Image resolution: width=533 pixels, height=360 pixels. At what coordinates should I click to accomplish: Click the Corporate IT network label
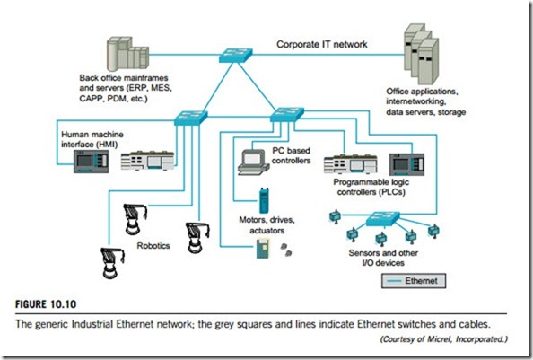coord(322,44)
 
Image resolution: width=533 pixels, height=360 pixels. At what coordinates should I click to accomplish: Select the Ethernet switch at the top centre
coord(236,55)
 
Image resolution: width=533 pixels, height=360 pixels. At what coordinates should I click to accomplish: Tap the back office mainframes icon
coord(127,54)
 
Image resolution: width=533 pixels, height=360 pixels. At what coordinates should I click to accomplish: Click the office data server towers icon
coord(422,54)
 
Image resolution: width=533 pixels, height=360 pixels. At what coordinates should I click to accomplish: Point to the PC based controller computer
coord(254,162)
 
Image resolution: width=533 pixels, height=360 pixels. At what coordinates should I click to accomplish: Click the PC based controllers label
coord(291,155)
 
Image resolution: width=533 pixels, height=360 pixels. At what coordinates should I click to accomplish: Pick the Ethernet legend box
coord(414,281)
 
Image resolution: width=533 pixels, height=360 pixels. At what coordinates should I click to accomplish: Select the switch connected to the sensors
coord(383,219)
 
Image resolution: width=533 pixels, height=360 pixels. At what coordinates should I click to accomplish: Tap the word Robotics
coord(153,245)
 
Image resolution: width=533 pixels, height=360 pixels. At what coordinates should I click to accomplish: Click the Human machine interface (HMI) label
coord(92,139)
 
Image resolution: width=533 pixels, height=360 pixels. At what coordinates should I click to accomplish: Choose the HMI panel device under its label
coord(92,162)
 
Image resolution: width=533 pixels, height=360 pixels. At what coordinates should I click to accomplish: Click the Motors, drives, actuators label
coord(266,225)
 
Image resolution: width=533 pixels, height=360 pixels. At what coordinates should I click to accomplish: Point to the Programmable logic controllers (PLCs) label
coord(371,187)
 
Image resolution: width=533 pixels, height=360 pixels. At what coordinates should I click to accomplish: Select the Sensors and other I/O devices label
coord(383,258)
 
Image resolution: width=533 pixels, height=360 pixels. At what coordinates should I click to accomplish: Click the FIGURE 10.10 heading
coord(46,304)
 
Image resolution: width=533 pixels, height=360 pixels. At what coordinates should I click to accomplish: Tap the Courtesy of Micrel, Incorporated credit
coord(443,339)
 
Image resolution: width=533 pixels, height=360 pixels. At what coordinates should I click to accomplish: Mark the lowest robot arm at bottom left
coord(112,263)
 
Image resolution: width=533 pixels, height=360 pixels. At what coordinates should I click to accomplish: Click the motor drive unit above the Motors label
coord(264,200)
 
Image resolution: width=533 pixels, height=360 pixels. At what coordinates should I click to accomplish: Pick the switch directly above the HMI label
coord(191,118)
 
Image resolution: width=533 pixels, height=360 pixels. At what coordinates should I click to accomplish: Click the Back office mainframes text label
coord(126,88)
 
